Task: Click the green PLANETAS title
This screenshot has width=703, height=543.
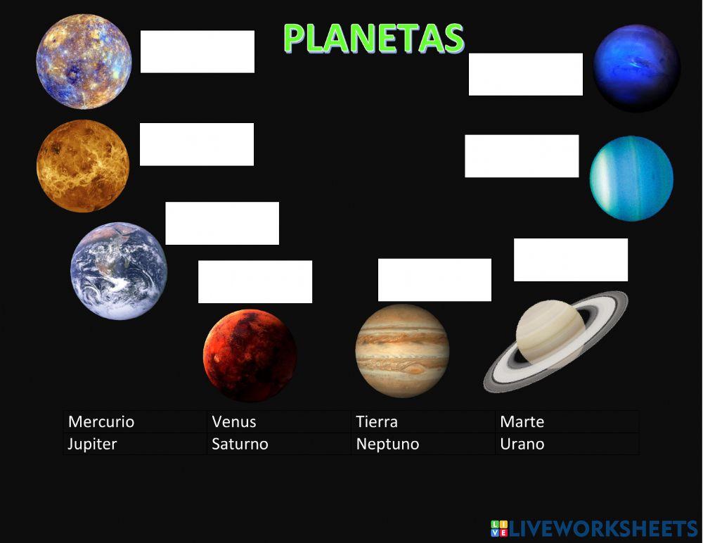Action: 373,38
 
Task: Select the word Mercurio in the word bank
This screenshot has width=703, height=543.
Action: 101,422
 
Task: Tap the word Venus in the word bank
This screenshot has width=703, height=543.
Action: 234,422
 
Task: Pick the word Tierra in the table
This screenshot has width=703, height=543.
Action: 377,422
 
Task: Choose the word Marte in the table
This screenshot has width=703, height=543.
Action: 522,422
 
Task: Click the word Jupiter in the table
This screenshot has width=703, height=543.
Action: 92,444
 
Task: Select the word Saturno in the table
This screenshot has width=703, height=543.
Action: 240,444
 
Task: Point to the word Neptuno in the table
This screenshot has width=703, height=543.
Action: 387,444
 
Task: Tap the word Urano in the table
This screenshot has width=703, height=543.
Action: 522,444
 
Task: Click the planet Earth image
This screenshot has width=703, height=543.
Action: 119,271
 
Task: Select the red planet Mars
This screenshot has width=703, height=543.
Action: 250,355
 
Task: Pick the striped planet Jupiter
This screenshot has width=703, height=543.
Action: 402,351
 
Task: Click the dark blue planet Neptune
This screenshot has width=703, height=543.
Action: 637,68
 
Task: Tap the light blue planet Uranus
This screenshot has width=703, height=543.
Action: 631,179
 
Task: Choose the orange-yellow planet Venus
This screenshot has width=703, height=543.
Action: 83,166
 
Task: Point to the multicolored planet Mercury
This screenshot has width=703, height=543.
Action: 84,62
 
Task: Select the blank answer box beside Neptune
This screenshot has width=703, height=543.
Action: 526,74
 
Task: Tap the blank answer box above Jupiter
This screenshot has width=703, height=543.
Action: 434,280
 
